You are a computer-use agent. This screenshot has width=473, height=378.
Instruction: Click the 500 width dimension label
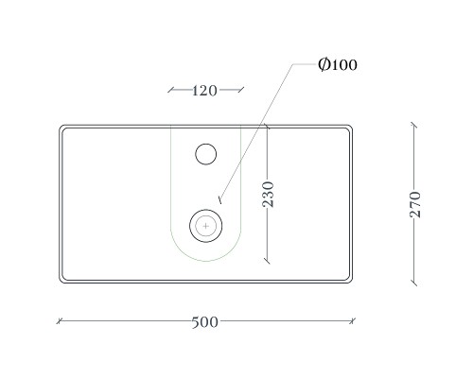(204, 322)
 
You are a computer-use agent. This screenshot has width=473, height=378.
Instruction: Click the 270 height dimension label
(415, 204)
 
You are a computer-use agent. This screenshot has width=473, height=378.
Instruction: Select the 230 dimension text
(268, 194)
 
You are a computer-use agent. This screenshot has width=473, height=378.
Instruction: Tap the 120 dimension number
(204, 91)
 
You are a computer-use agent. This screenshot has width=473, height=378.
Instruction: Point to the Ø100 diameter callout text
(338, 64)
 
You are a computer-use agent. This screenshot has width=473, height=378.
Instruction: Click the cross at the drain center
(206, 226)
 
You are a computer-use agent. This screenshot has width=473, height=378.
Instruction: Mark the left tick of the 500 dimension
(60, 321)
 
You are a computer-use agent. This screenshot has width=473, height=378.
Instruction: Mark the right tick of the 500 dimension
(352, 321)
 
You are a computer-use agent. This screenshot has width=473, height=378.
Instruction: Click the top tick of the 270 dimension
(414, 126)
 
